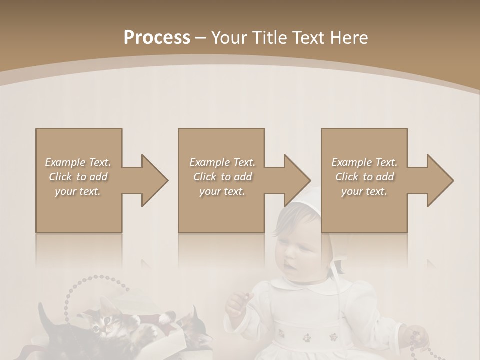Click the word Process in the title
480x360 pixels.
pyautogui.click(x=157, y=37)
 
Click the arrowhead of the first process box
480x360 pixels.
pyautogui.click(x=152, y=180)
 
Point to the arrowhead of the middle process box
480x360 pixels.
pyautogui.click(x=295, y=180)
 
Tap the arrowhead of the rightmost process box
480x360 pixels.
pyautogui.click(x=438, y=180)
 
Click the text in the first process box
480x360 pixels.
pyautogui.click(x=78, y=177)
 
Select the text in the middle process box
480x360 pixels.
pyautogui.click(x=222, y=177)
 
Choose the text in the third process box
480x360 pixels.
pyautogui.click(x=364, y=177)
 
